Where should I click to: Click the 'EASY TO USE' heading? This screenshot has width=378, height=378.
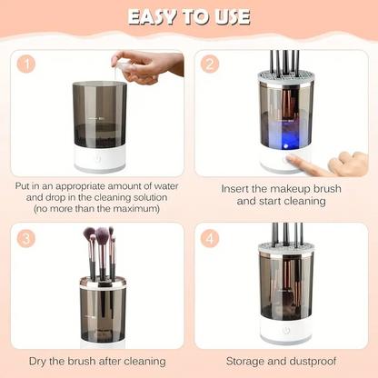point(188,18)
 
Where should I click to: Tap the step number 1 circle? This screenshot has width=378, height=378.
point(27,64)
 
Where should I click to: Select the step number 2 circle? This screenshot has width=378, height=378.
point(211,64)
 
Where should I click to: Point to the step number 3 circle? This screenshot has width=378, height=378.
point(27,238)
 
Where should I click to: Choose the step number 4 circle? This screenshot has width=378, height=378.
point(211,238)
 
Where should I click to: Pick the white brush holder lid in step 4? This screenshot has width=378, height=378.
point(284,246)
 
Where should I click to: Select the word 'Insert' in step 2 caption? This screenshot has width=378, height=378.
point(239,189)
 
